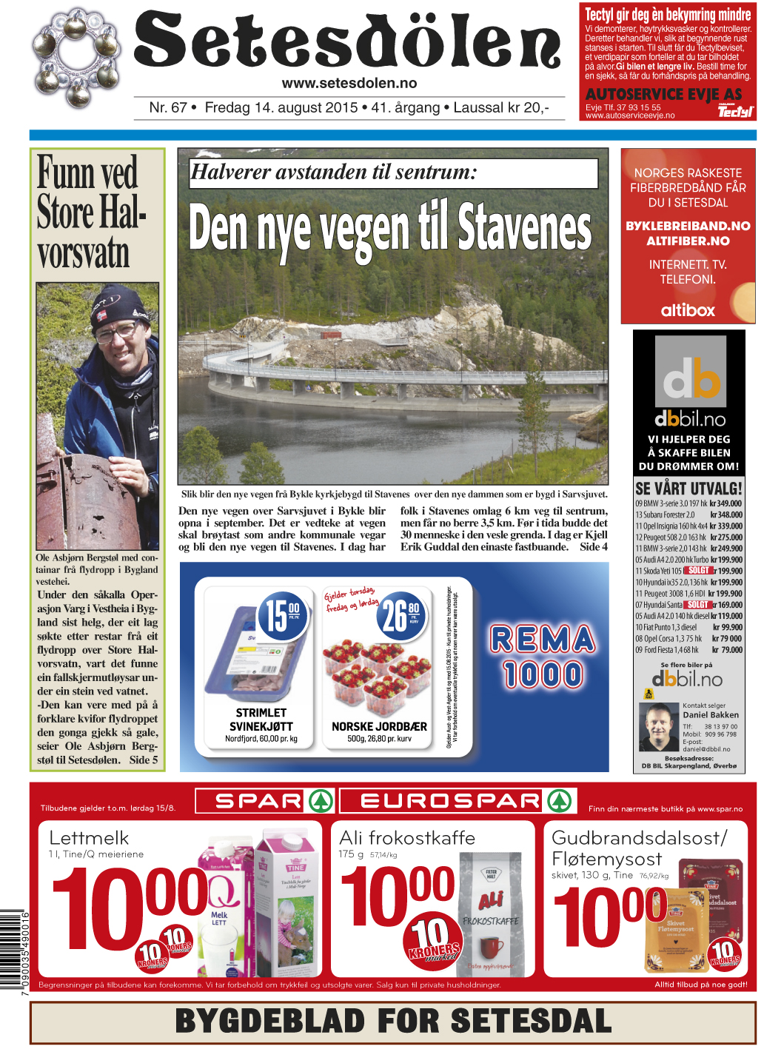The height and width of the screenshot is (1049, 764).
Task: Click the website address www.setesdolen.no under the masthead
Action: tap(349, 84)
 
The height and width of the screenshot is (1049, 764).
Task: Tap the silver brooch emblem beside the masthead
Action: tap(76, 57)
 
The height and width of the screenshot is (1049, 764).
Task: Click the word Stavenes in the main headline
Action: tap(524, 227)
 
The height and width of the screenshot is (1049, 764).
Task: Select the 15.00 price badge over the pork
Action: tap(281, 614)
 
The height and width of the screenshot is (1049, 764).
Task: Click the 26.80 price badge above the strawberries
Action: tap(401, 615)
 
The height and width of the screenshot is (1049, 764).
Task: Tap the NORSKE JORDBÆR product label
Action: tap(379, 726)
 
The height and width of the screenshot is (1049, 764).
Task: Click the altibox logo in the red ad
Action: tap(688, 310)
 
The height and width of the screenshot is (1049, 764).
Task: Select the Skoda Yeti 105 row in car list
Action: tap(688, 571)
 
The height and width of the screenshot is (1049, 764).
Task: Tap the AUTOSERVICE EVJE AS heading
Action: tap(663, 94)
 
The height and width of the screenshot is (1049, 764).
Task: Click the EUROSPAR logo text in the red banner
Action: tap(450, 801)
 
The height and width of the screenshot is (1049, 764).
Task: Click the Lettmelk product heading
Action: tap(89, 838)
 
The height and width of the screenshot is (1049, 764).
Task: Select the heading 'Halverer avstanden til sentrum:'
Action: tap(334, 172)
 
